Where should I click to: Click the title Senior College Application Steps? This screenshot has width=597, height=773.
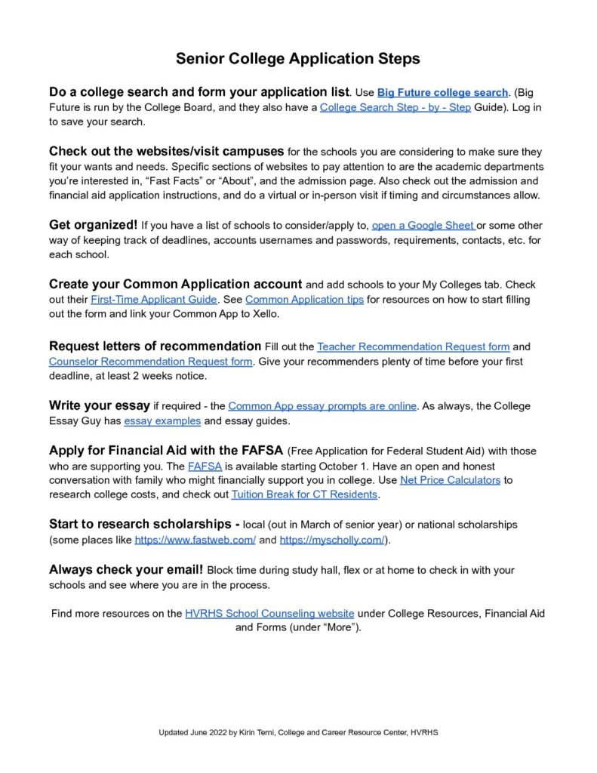click(x=298, y=58)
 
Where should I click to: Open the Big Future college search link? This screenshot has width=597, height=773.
click(x=442, y=92)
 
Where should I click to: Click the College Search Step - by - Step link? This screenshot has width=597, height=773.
click(x=395, y=107)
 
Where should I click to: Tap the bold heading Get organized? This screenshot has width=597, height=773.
click(x=93, y=225)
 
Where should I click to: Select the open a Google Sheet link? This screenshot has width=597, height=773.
click(x=423, y=226)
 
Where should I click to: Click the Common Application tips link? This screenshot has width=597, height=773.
click(x=304, y=300)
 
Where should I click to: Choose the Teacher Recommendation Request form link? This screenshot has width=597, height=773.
click(x=413, y=346)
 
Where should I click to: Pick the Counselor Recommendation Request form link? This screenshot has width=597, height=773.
click(x=150, y=362)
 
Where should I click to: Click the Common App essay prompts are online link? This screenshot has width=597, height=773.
click(x=322, y=406)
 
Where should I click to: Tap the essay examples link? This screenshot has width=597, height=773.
click(x=162, y=421)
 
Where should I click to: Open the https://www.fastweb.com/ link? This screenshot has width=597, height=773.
click(x=195, y=540)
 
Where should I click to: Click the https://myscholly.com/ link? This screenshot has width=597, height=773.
click(x=332, y=540)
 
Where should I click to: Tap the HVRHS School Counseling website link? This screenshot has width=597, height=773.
click(x=269, y=614)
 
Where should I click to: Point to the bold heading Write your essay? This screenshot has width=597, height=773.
click(x=100, y=405)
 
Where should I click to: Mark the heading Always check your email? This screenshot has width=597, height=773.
click(x=126, y=569)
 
